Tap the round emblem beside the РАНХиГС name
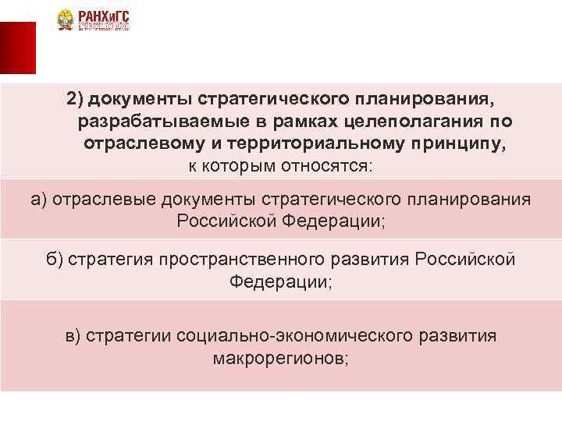click(x=65, y=20)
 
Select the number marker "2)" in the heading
click(x=75, y=100)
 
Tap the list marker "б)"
click(x=54, y=259)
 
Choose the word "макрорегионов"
click(x=277, y=359)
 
